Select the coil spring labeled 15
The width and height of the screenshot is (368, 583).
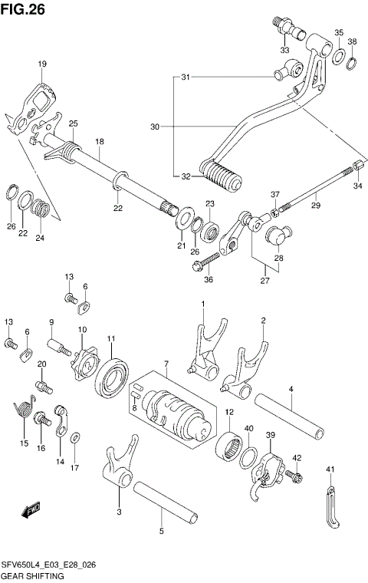click(x=25, y=411)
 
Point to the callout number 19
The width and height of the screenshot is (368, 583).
click(x=42, y=64)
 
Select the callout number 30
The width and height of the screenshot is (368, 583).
click(x=155, y=126)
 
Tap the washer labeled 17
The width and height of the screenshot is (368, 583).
click(x=75, y=438)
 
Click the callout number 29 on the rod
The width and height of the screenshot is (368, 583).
click(x=314, y=206)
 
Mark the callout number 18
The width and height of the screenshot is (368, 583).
click(x=99, y=142)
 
